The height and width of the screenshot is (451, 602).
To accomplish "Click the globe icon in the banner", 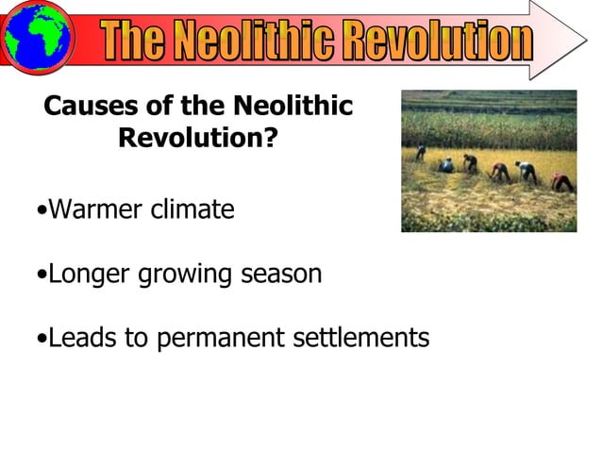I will tap(37, 37).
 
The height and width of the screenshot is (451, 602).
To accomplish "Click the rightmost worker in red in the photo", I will tap(562, 180).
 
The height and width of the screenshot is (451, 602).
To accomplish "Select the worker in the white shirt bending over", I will tap(525, 171).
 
